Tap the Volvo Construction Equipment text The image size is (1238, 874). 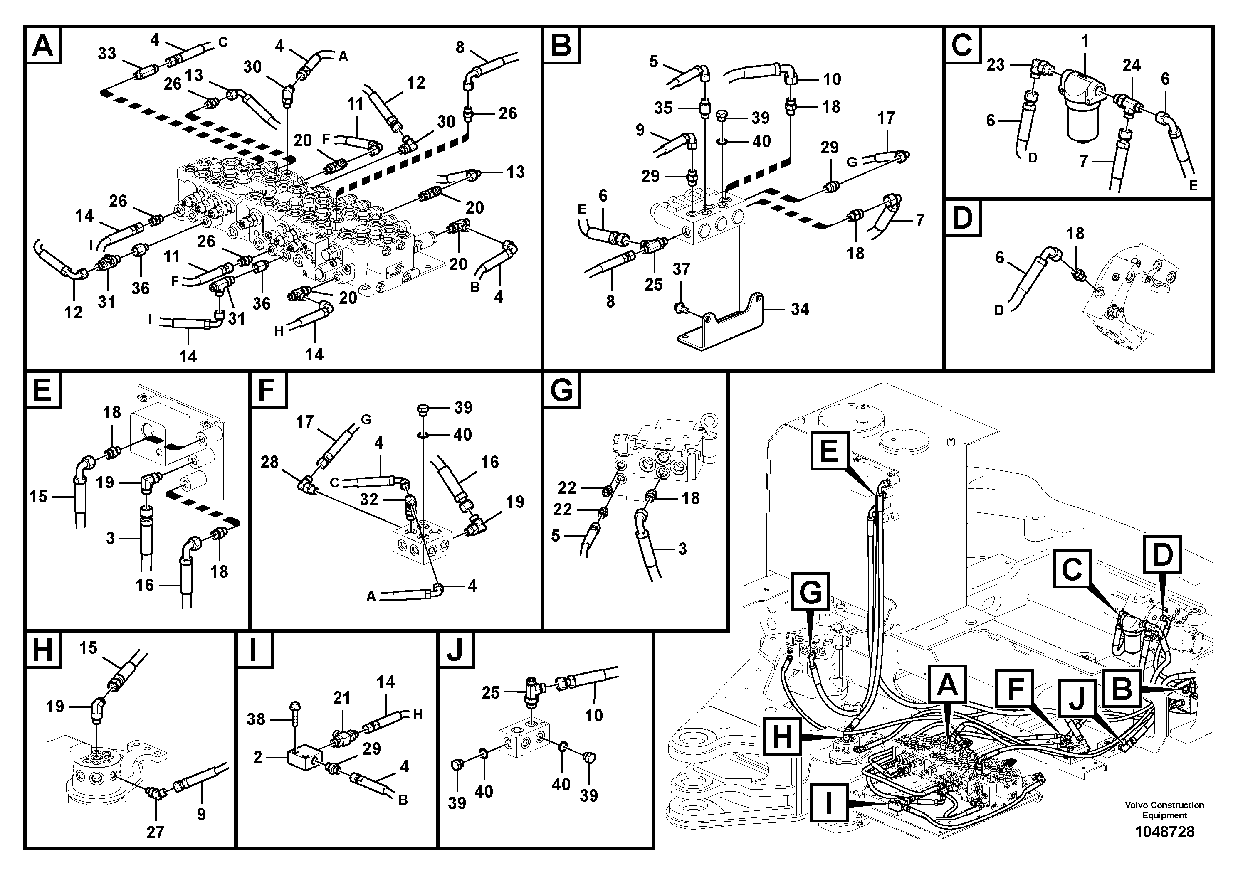click(x=1164, y=810)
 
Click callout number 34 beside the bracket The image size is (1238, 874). click(x=800, y=309)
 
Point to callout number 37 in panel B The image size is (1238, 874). click(x=681, y=269)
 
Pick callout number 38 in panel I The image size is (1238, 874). click(x=256, y=719)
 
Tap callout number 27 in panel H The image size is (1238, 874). click(x=155, y=832)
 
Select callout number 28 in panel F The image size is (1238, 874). click(x=269, y=462)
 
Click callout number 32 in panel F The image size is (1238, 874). click(x=369, y=500)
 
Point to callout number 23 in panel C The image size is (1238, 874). click(x=996, y=65)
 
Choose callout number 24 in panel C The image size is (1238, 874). click(x=1131, y=65)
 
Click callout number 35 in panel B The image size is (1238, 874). click(x=663, y=108)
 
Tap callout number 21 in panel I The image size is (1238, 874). click(x=341, y=698)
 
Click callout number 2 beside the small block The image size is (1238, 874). click(x=258, y=757)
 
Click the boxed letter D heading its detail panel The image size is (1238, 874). click(x=962, y=218)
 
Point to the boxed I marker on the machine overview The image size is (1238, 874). click(x=828, y=803)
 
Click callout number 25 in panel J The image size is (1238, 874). click(x=491, y=692)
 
